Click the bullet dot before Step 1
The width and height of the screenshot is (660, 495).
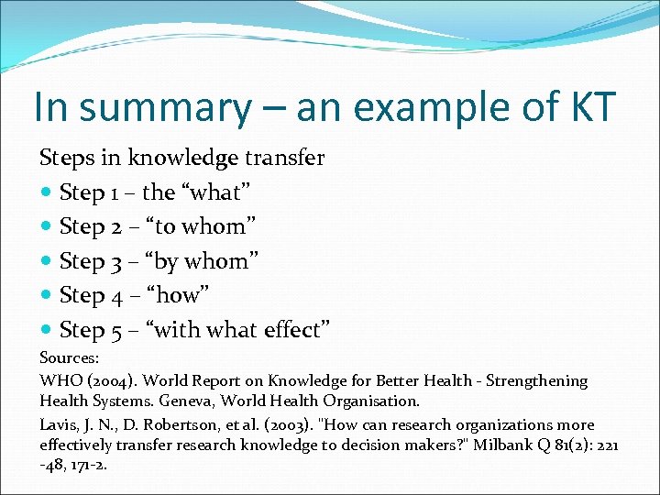pos(47,192)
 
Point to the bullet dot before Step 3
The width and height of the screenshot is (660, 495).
pos(47,261)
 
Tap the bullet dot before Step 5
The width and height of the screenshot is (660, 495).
pos(47,330)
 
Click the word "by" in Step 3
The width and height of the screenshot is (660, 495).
pos(168,261)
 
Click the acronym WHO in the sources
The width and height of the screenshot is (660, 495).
pos(60,379)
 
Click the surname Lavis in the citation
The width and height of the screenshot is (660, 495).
pos(60,424)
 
